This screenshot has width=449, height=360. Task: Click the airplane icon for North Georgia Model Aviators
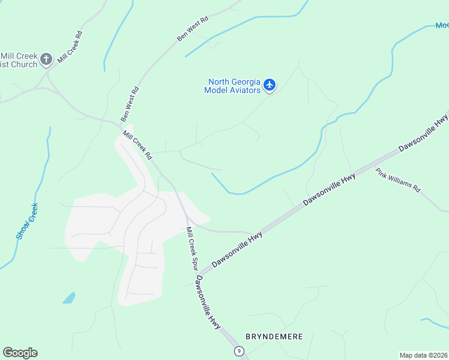[270, 85]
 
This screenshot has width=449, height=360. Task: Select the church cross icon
[47, 59]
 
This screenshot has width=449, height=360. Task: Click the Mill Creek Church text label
[19, 60]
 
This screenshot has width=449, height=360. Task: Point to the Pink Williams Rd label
[398, 180]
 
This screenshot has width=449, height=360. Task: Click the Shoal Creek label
[27, 221]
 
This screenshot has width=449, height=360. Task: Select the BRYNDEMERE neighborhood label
[274, 337]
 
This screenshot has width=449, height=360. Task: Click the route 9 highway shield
[240, 350]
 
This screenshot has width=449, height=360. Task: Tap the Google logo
[20, 353]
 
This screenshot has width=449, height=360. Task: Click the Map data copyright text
[424, 355]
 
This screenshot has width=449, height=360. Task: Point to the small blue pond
[69, 298]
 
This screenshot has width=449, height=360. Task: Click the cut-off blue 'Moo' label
[442, 25]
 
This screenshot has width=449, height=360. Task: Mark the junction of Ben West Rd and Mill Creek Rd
[118, 125]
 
